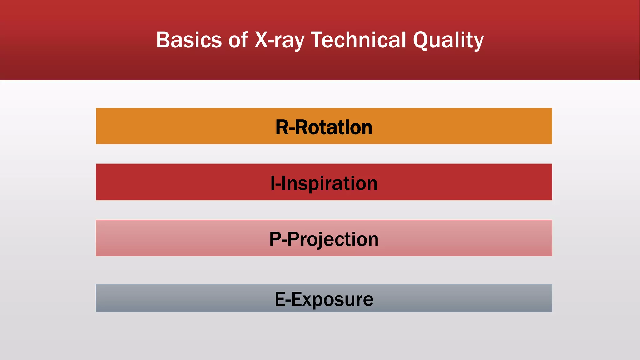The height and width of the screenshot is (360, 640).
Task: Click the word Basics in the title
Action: (x=189, y=40)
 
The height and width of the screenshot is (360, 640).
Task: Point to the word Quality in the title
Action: (x=448, y=40)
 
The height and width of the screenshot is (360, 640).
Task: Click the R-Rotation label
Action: (x=324, y=127)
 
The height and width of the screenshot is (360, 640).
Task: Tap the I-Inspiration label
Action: (x=324, y=183)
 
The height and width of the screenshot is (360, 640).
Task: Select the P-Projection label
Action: (x=324, y=239)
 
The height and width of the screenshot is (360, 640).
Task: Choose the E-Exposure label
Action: (x=324, y=299)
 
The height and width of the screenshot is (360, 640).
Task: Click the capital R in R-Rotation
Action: (x=282, y=127)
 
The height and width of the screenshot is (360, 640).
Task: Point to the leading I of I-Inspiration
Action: (x=272, y=183)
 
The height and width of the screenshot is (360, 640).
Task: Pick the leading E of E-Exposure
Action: (x=280, y=299)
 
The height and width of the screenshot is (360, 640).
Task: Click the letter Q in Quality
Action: (x=422, y=40)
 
